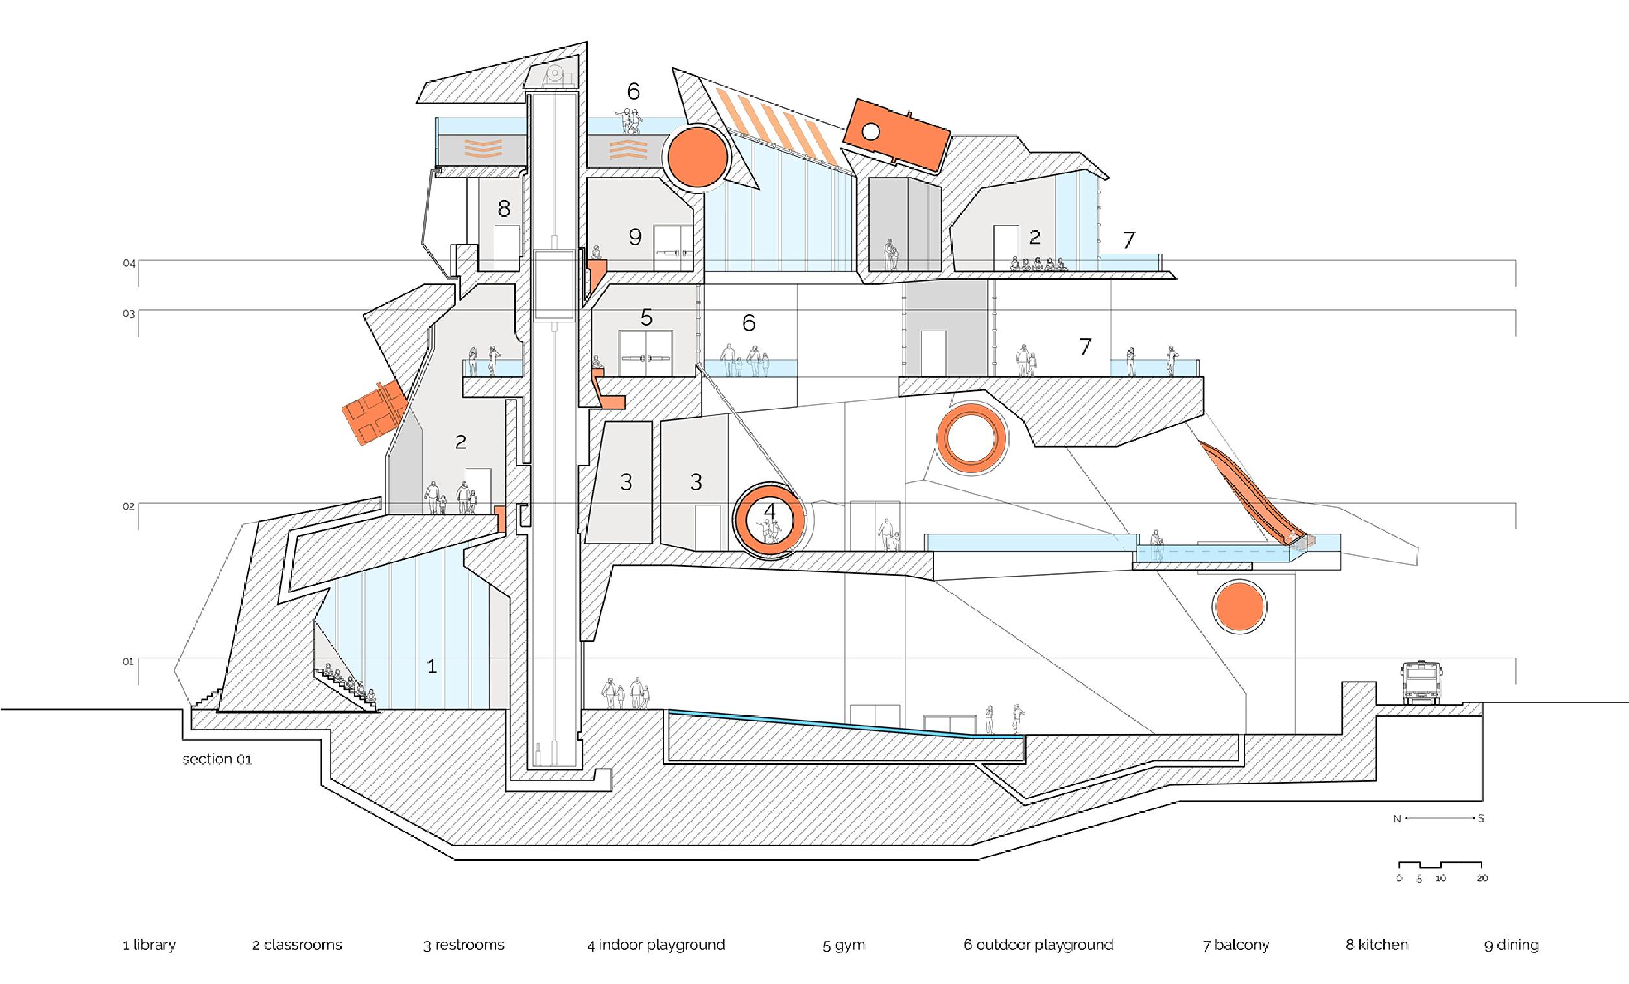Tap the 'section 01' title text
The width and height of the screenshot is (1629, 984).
(217, 759)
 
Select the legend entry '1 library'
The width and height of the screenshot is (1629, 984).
(149, 945)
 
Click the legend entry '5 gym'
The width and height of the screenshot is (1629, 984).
(844, 945)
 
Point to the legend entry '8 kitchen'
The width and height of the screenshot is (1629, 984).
(1377, 945)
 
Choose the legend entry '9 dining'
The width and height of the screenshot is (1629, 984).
(1512, 945)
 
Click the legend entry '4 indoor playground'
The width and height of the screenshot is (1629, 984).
(656, 945)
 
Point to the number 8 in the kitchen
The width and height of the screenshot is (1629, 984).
(504, 210)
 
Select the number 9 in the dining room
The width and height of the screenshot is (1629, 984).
(636, 237)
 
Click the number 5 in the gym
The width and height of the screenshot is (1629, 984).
(646, 318)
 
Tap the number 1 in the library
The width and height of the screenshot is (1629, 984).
(432, 667)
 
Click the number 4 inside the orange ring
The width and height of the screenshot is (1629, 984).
(769, 511)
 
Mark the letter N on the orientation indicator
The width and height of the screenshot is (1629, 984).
(1397, 819)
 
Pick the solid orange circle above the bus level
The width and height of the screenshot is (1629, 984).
(1240, 607)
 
